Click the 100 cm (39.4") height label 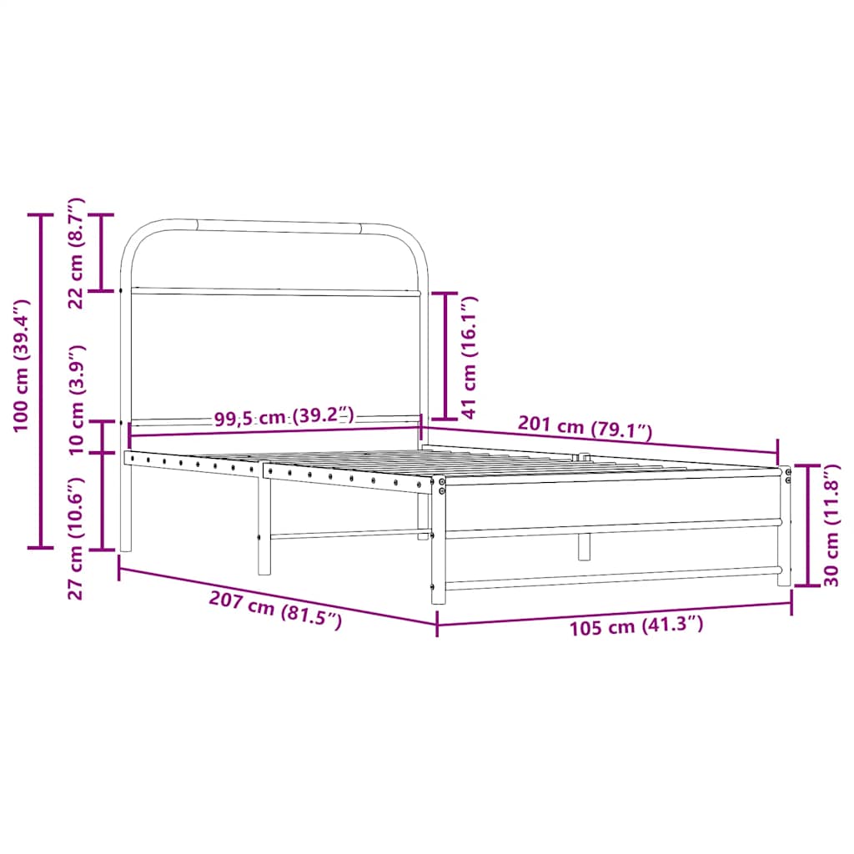(22, 365)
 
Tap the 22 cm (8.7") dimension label (76, 253)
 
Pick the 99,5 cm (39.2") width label (284, 418)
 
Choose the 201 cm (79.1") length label (585, 429)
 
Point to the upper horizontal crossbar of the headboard (275, 292)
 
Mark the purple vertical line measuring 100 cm (40, 381)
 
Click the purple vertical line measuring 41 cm (445, 355)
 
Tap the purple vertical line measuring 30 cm (807, 525)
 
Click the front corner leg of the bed (437, 542)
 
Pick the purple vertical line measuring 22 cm (102, 253)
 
